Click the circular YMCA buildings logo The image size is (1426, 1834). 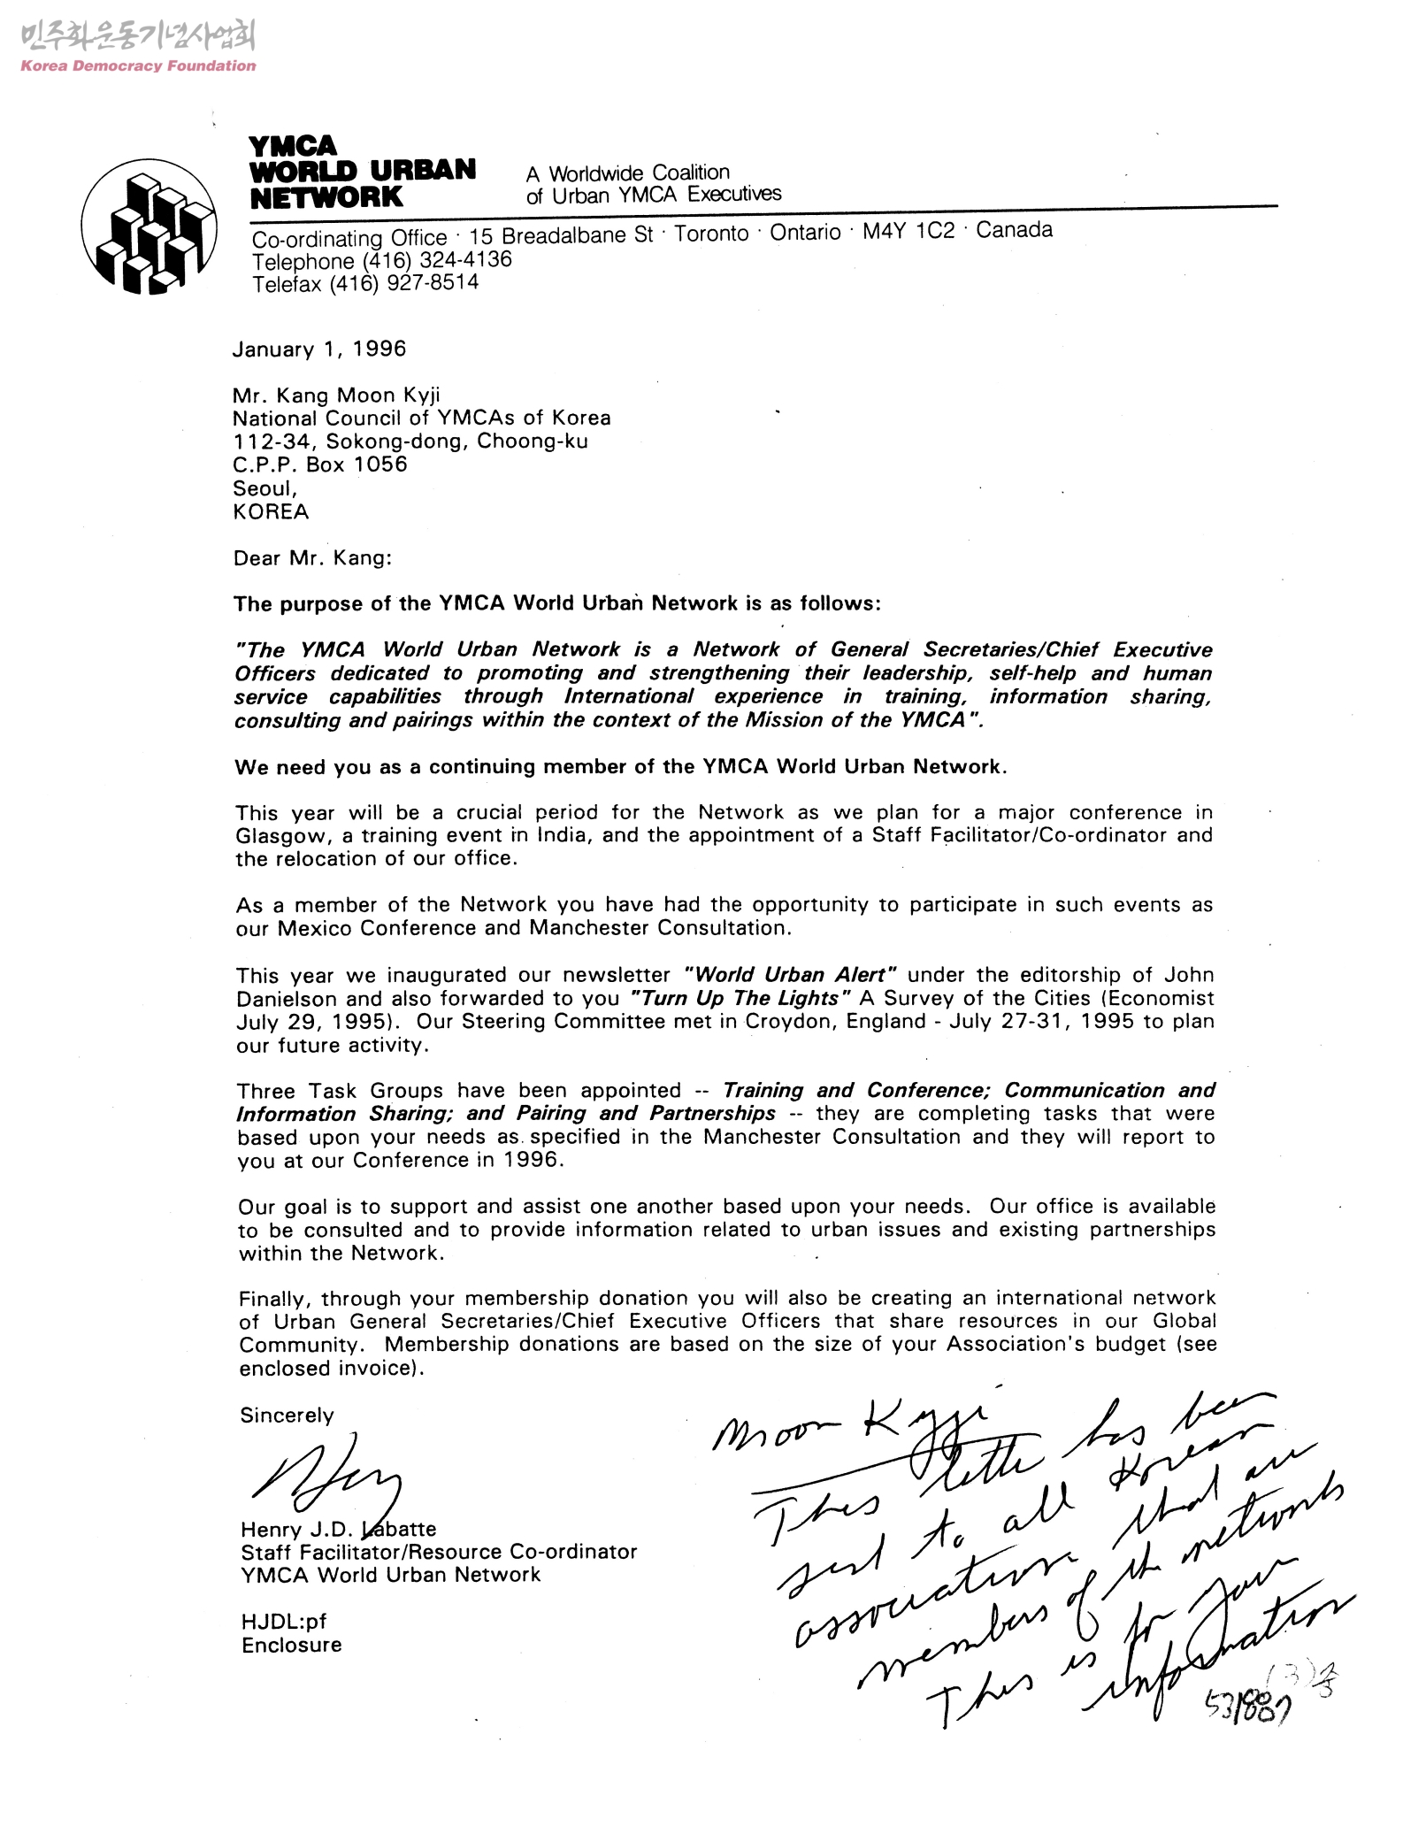click(x=149, y=226)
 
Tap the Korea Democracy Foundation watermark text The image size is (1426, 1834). click(x=138, y=65)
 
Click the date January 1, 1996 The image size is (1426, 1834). click(x=319, y=349)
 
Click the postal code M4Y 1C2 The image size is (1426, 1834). click(x=908, y=231)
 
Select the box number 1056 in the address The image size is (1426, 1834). click(x=381, y=464)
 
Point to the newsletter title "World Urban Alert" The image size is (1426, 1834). click(x=792, y=975)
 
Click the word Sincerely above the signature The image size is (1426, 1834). click(x=287, y=1415)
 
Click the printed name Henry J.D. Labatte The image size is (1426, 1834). click(x=338, y=1529)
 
